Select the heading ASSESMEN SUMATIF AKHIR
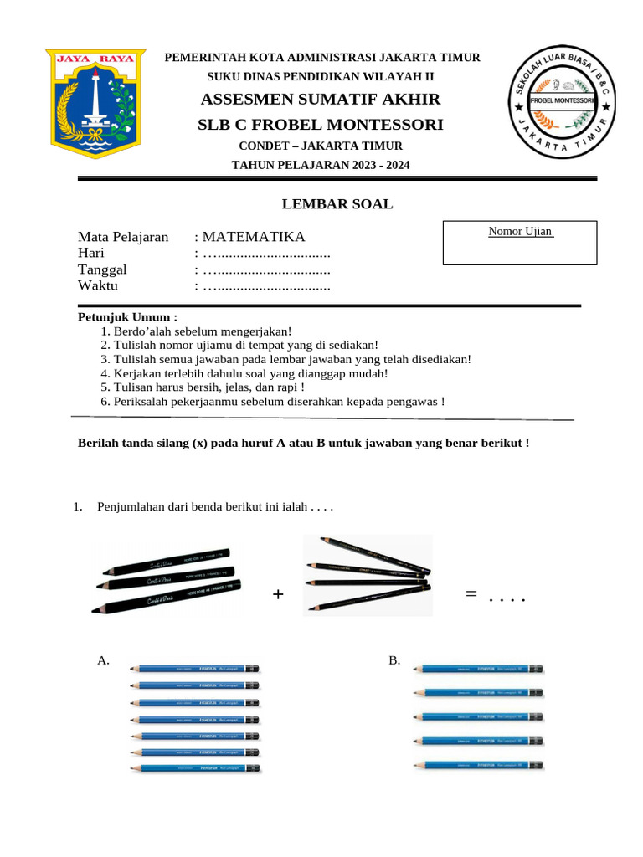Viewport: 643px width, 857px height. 321,100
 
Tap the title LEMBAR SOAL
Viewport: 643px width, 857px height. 337,204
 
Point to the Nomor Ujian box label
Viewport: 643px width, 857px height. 520,231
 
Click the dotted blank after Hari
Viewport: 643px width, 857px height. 267,254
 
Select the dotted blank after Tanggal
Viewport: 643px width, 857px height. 267,269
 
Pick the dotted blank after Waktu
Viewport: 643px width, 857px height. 267,286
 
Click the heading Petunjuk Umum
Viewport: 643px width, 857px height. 127,317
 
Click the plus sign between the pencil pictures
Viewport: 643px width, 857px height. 278,594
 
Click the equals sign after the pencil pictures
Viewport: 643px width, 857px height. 471,593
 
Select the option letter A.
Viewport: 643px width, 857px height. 104,661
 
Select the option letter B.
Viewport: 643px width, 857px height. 394,661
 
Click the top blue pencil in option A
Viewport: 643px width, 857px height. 194,669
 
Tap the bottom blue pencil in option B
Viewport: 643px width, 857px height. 479,765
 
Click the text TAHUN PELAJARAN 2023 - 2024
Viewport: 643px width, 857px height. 321,165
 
